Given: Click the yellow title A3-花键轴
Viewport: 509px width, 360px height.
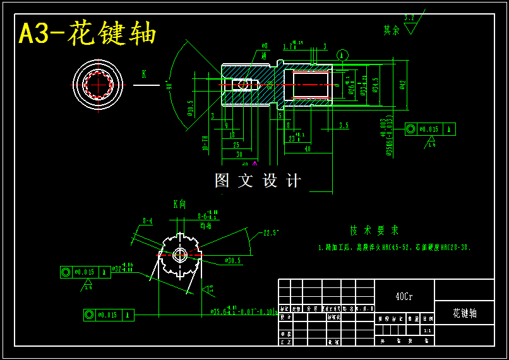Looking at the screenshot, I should [x=87, y=33].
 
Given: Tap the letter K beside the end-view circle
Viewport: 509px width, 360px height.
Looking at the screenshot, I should [x=144, y=75].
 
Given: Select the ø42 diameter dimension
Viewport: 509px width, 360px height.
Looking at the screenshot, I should [x=402, y=85].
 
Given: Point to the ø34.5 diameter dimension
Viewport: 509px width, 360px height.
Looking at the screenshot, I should [x=376, y=85].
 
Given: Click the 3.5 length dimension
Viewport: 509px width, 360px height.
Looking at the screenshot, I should [x=344, y=126].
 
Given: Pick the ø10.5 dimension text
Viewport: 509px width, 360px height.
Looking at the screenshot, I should [x=190, y=109].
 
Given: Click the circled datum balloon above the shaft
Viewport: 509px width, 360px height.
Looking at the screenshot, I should [x=342, y=55].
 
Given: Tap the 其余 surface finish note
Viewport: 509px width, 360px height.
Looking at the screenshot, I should [x=392, y=30].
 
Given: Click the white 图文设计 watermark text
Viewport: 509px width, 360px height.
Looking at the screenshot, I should [x=258, y=181].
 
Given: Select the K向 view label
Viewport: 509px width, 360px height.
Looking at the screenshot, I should [x=180, y=204].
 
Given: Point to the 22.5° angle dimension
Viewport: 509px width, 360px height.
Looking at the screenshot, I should [x=271, y=232].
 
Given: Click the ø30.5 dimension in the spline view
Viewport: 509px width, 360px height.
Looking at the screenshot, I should [x=232, y=260].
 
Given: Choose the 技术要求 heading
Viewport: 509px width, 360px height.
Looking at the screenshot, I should [x=374, y=231].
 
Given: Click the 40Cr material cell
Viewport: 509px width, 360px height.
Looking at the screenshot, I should [x=404, y=296].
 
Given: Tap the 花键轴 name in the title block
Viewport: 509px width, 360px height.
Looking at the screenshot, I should [x=465, y=313].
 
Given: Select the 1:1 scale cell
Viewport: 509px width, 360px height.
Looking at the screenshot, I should [x=428, y=330].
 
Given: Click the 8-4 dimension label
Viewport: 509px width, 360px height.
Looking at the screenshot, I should [x=148, y=221].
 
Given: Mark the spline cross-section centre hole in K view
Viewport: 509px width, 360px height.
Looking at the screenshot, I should [x=180, y=255].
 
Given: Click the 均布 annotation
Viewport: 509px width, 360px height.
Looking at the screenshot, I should [x=205, y=225].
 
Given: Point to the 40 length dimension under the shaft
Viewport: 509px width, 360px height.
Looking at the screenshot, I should [x=308, y=149].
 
